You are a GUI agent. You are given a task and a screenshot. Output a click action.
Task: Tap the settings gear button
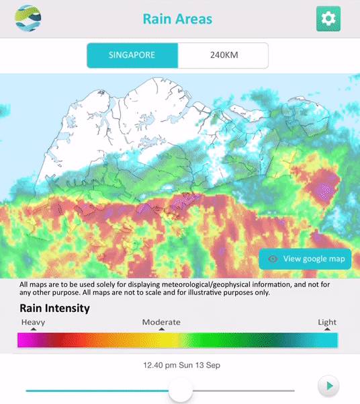pyautogui.click(x=328, y=19)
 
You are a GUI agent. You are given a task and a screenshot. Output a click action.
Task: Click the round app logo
pyautogui.click(x=28, y=18)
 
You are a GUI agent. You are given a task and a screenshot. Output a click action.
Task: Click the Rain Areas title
pyautogui.click(x=177, y=19)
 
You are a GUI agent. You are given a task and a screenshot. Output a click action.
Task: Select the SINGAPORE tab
pyautogui.click(x=132, y=55)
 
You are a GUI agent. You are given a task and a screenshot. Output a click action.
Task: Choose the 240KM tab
pyautogui.click(x=223, y=55)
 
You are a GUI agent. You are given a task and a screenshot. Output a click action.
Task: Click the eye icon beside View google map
pyautogui.click(x=273, y=259)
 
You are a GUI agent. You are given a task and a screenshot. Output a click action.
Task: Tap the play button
pyautogui.click(x=329, y=386)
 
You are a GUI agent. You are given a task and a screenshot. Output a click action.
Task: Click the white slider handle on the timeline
pyautogui.click(x=181, y=390)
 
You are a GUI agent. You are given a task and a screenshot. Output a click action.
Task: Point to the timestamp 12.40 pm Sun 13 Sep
pyautogui.click(x=181, y=366)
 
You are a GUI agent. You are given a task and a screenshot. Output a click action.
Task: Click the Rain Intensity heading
pyautogui.click(x=54, y=309)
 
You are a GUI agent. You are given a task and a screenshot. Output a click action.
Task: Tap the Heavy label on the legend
pyautogui.click(x=33, y=322)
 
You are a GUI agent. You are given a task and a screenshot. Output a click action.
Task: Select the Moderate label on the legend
pyautogui.click(x=161, y=322)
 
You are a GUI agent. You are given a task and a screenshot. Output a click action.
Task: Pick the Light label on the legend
pyautogui.click(x=327, y=322)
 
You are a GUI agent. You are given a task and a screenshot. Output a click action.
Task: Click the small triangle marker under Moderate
pyautogui.click(x=161, y=329)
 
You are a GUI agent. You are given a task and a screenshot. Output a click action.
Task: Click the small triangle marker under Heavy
pyautogui.click(x=33, y=329)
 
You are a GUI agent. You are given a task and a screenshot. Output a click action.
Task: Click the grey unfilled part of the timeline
pyautogui.click(x=242, y=390)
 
